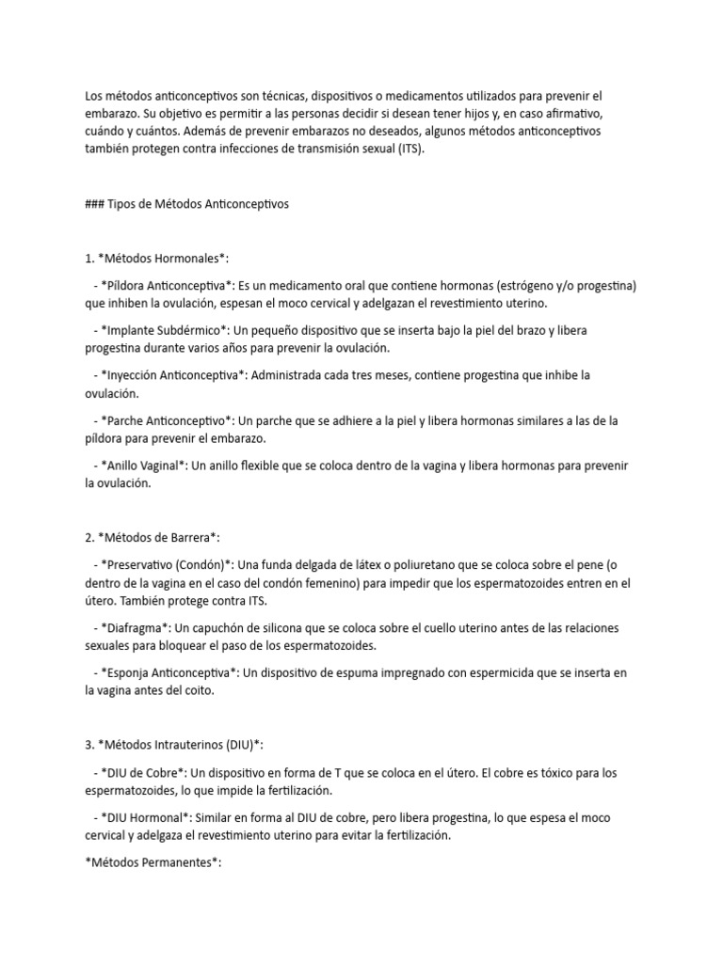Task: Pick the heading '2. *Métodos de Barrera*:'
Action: tap(153, 538)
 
